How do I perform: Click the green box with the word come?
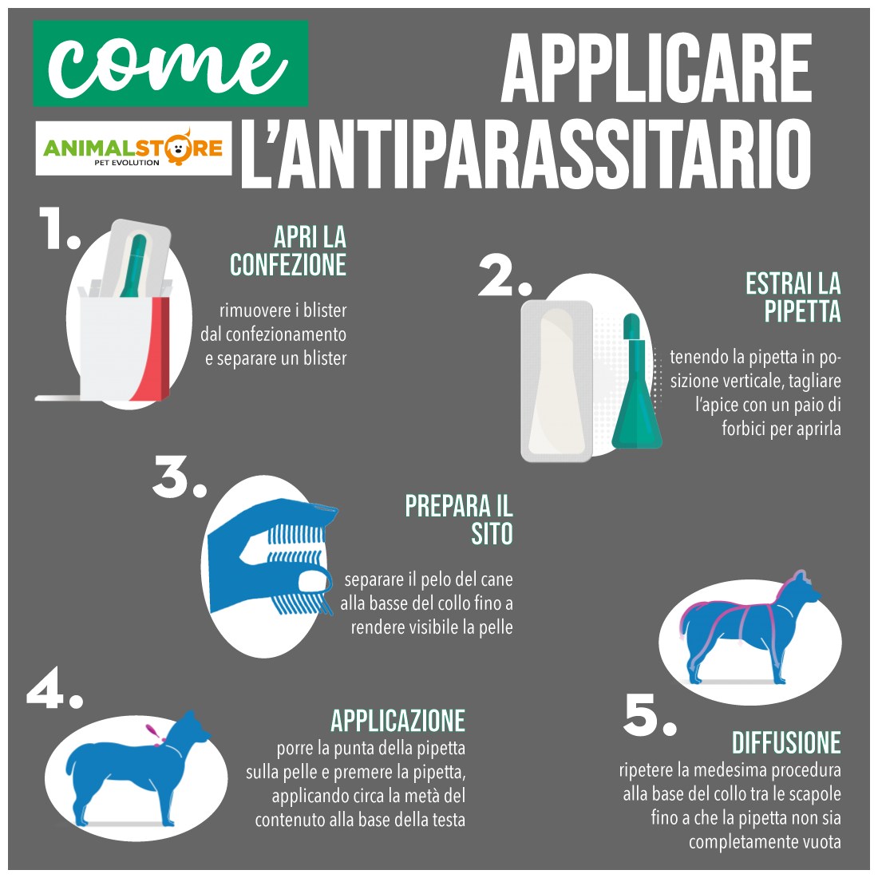pos(170,63)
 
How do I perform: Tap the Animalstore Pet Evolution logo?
pos(133,148)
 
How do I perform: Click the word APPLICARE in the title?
pos(656,69)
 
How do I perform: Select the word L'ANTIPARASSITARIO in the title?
pos(526,153)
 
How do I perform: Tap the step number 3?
pos(179,477)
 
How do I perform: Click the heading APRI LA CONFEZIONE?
pos(288,251)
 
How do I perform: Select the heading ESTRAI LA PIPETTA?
pos(793,298)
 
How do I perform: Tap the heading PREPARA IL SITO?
pos(459,520)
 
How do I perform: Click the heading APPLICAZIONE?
pos(398,721)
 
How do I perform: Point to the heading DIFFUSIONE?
pos(787,743)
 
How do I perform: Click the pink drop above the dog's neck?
pos(152,731)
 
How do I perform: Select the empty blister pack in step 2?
pos(556,382)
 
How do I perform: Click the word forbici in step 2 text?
pos(744,429)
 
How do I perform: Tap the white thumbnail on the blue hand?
pos(314,580)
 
